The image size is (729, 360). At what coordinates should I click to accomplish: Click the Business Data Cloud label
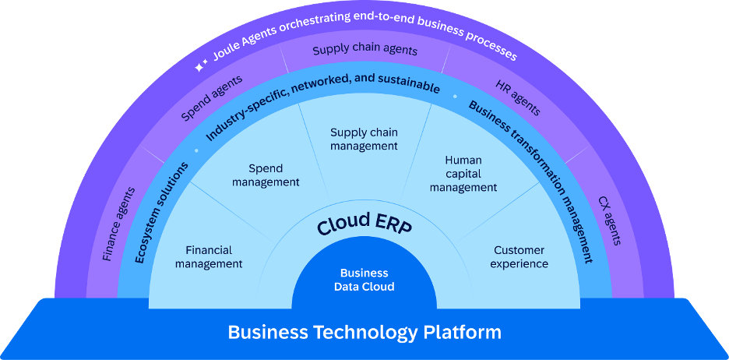click(x=364, y=280)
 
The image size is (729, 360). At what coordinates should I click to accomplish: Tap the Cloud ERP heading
click(x=364, y=224)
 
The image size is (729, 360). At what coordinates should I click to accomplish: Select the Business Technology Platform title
click(x=364, y=333)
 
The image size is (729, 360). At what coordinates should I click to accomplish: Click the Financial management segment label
click(x=209, y=257)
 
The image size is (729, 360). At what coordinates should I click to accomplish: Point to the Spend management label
click(x=266, y=175)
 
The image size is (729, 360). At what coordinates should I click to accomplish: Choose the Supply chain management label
click(x=364, y=139)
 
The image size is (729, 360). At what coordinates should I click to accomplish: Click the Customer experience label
click(x=519, y=257)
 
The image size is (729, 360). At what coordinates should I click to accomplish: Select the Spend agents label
click(x=211, y=98)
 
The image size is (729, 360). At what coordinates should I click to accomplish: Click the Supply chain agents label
click(x=364, y=51)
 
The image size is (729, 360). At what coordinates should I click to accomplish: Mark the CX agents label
click(x=610, y=221)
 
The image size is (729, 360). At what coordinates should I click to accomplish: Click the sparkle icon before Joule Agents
click(x=201, y=68)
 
